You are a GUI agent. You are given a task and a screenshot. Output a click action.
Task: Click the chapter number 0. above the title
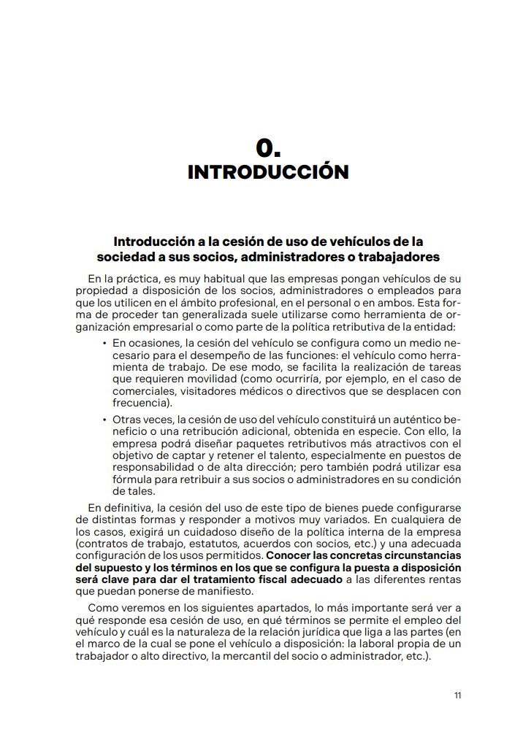268,148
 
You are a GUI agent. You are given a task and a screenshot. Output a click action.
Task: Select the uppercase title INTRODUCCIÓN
268,172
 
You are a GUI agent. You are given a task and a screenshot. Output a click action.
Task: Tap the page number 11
457,695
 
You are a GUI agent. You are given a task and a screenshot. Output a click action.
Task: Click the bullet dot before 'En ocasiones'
104,342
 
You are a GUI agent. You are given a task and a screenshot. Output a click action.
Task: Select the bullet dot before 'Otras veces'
104,420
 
